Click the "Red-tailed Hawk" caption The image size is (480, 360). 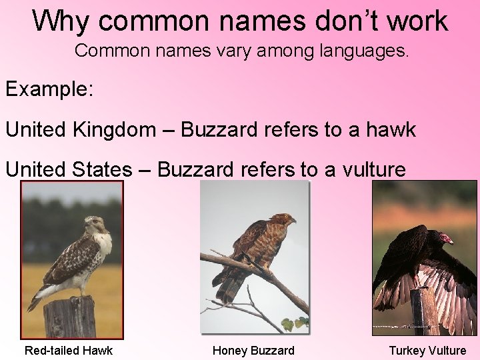69,351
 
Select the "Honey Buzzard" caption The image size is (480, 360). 253,351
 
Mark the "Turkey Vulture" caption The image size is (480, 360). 427,351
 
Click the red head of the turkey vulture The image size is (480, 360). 445,238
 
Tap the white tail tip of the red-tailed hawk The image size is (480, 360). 34,303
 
